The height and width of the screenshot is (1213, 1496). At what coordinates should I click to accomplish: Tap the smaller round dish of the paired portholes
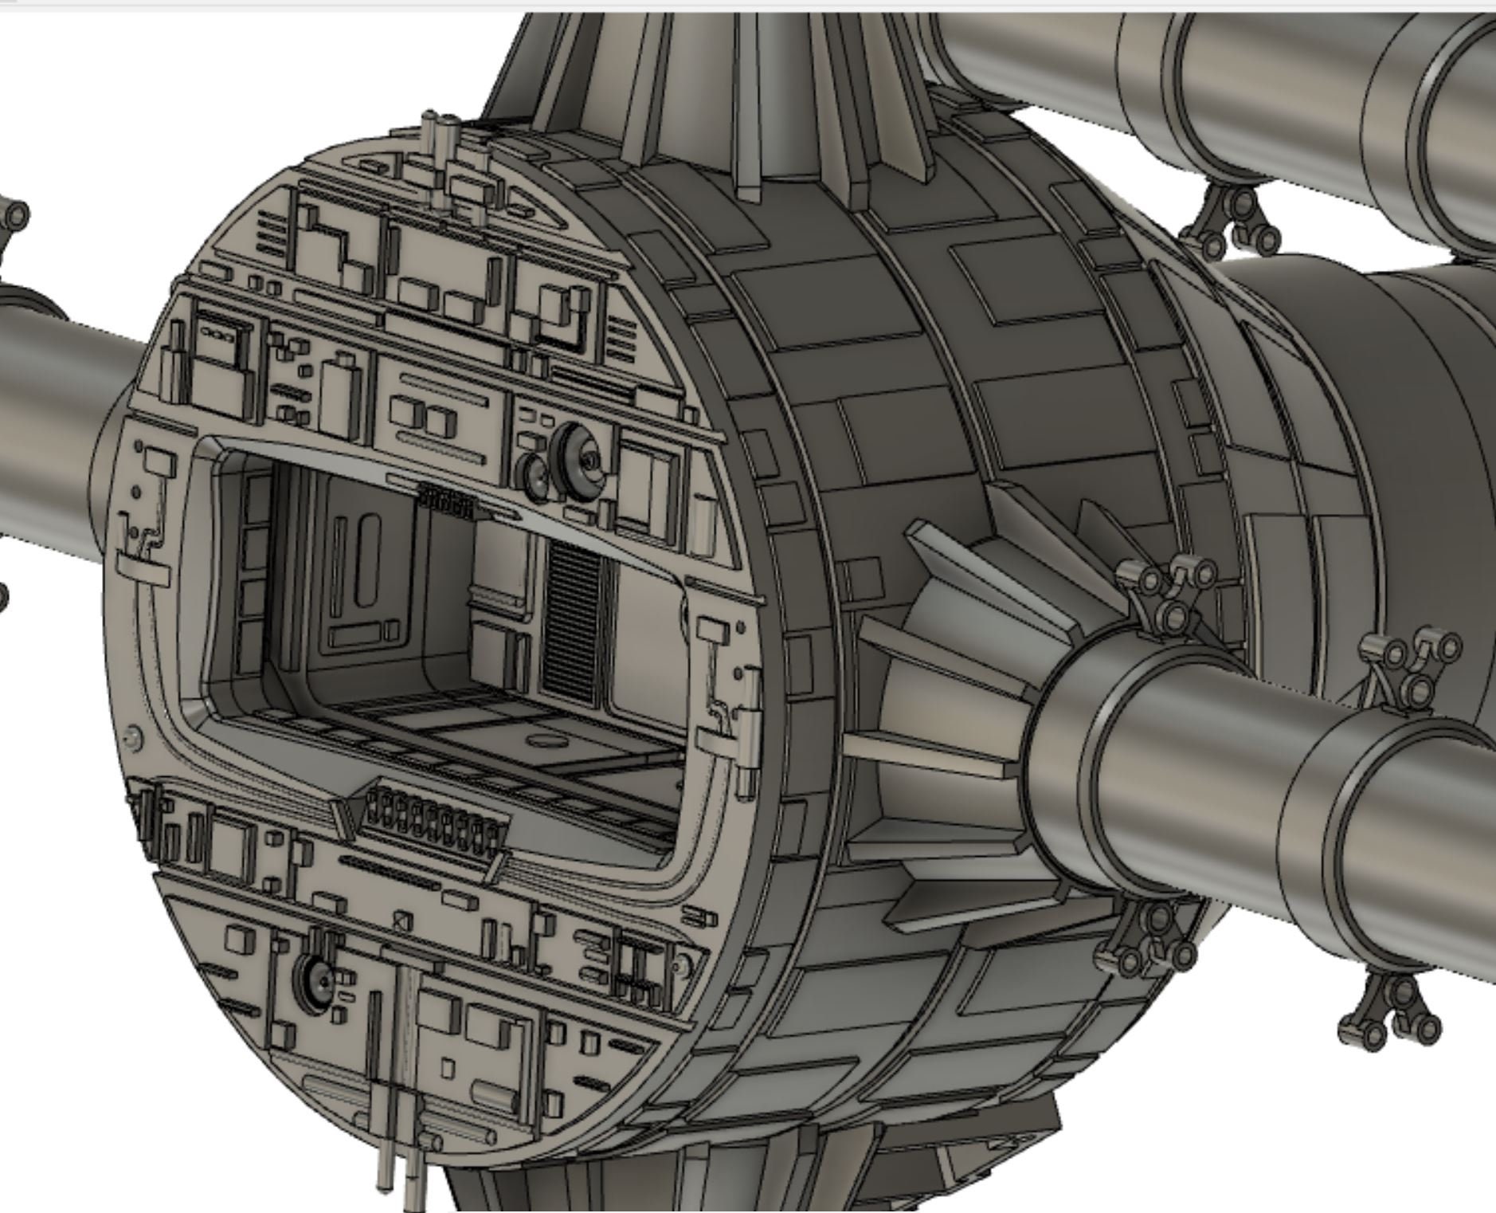(533, 477)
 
